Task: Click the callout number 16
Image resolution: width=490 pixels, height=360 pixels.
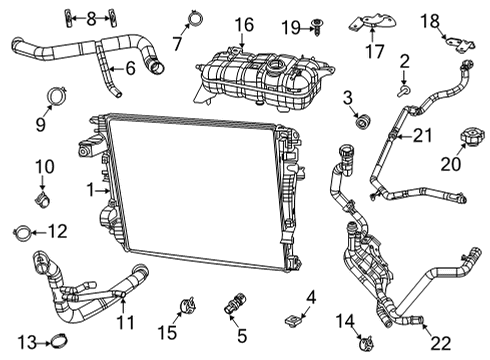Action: click(244, 23)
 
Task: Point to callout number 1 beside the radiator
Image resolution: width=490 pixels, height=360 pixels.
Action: click(91, 189)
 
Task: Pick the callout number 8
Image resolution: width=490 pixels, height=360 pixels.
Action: click(91, 17)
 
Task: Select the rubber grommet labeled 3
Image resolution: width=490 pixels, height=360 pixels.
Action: click(363, 123)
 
